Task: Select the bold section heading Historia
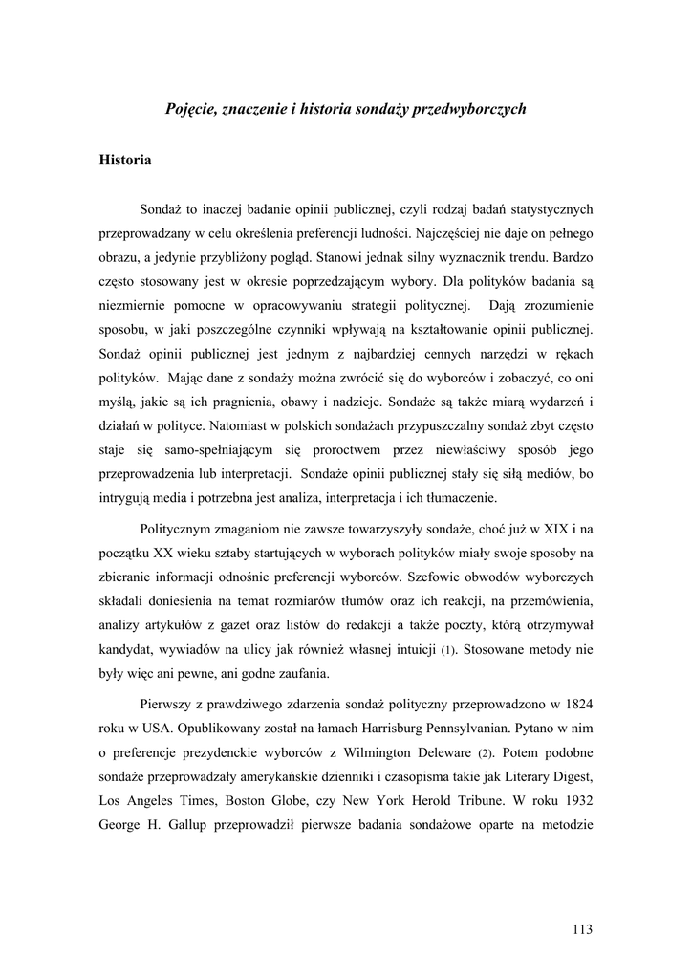(x=125, y=160)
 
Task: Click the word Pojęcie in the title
(x=191, y=110)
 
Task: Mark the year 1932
(x=577, y=796)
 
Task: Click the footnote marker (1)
(x=449, y=651)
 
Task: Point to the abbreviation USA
(x=154, y=728)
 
